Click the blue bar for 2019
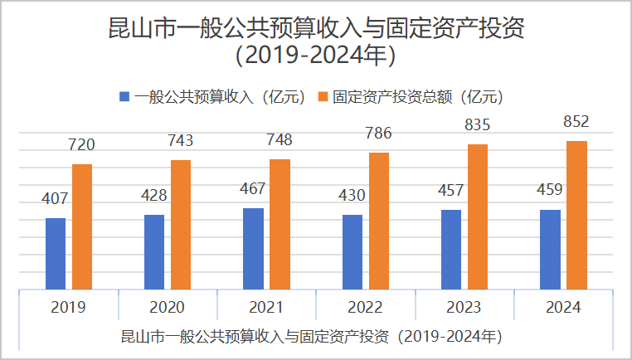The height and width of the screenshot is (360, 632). [x=56, y=254]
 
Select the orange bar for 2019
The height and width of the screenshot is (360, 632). [x=82, y=227]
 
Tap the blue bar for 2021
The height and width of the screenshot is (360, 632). [x=253, y=249]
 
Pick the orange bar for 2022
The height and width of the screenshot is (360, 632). [x=379, y=221]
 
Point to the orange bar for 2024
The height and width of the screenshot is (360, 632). [x=576, y=216]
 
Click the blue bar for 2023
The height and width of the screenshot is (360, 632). [x=451, y=250]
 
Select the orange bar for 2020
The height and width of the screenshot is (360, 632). [x=181, y=225]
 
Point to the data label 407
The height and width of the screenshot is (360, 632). [x=56, y=199]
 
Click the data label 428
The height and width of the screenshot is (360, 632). [x=153, y=196]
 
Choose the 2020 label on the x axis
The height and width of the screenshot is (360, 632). [x=168, y=308]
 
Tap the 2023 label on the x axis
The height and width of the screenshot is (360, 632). [x=464, y=308]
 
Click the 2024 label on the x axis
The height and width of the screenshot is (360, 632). [x=563, y=308]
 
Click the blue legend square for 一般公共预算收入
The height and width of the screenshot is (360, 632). [x=124, y=96]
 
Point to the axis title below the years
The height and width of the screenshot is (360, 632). [x=312, y=337]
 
